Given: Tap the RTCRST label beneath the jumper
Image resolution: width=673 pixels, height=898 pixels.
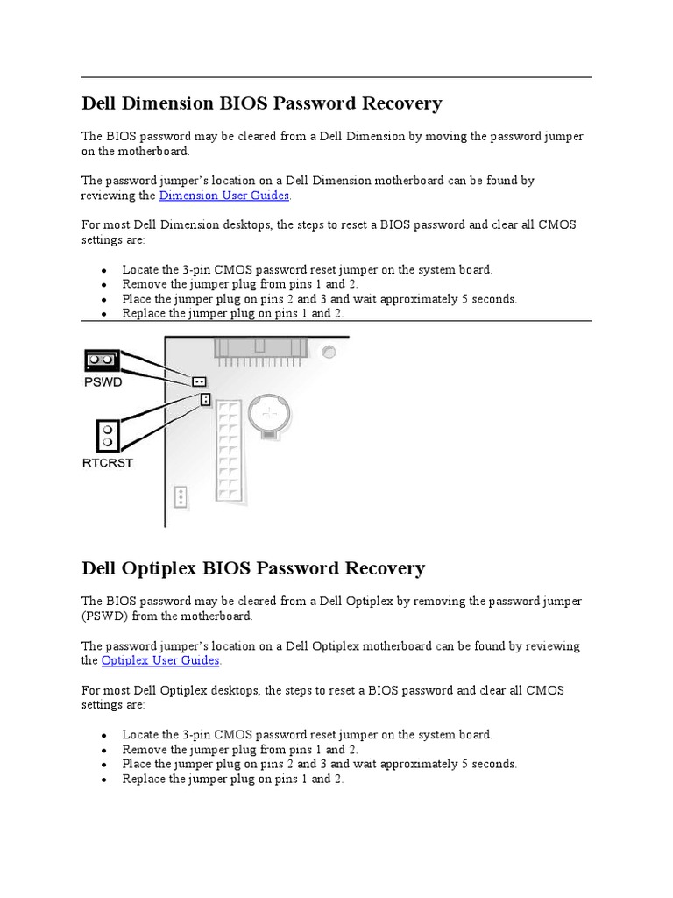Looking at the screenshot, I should click(x=109, y=462).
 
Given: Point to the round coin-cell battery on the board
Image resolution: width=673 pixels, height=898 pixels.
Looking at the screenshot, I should click(x=273, y=411).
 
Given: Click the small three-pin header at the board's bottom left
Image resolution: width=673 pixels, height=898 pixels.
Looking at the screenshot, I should click(x=181, y=497).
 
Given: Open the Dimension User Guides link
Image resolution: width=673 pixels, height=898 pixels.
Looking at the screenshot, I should click(x=223, y=196).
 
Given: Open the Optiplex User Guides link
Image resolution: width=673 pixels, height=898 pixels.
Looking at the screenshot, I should click(x=160, y=660).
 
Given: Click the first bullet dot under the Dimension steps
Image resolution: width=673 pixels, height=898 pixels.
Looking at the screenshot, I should click(x=104, y=271).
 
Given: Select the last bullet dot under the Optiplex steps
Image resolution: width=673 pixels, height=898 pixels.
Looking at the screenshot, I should click(x=104, y=780).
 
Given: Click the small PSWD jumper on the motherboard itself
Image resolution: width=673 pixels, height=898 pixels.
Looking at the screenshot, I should click(x=200, y=382).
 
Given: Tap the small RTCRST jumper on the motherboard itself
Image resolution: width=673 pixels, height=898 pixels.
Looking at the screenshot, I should click(x=204, y=400).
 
